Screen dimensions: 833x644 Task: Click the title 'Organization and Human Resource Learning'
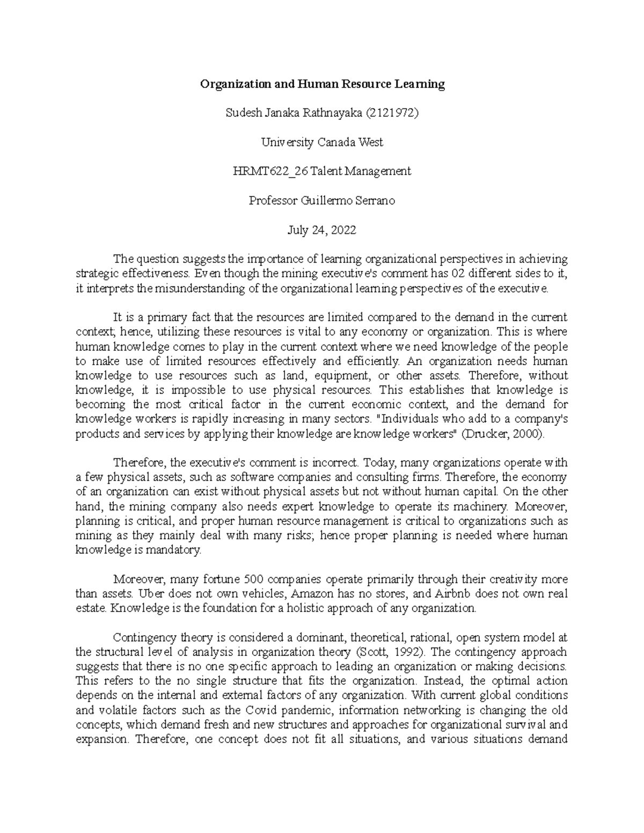click(322, 84)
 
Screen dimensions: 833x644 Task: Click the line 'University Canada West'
click(322, 142)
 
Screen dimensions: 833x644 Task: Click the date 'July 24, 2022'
click(322, 230)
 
